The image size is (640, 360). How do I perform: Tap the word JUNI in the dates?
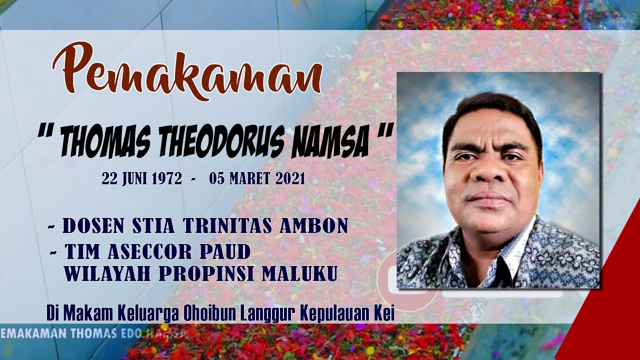132,178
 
